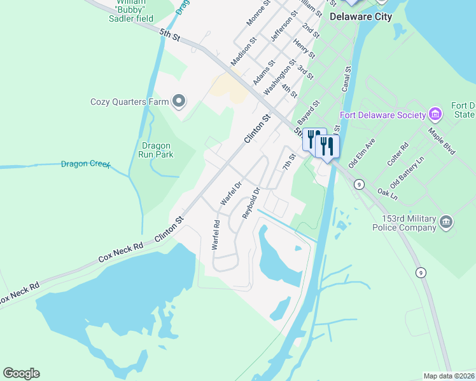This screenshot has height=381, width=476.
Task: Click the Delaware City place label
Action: pyautogui.click(x=360, y=17)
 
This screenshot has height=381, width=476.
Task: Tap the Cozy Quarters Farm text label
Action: pyautogui.click(x=129, y=102)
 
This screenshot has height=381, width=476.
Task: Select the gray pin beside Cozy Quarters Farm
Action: pyautogui.click(x=179, y=101)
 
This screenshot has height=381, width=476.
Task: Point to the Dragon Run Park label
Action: pyautogui.click(x=157, y=149)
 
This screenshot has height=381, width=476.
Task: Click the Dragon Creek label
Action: pyautogui.click(x=86, y=164)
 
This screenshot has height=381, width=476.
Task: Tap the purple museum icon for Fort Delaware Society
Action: pyautogui.click(x=436, y=114)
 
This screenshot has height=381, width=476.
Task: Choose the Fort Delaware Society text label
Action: pyautogui.click(x=383, y=115)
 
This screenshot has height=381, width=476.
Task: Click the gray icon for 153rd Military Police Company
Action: pyautogui.click(x=446, y=222)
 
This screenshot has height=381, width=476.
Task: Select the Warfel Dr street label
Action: pyautogui.click(x=231, y=193)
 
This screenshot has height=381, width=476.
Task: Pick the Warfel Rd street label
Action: pyautogui.click(x=216, y=235)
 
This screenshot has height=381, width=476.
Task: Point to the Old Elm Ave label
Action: pyautogui.click(x=365, y=151)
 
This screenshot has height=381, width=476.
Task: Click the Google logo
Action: pyautogui.click(x=21, y=373)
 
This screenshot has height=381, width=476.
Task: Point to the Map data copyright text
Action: pyautogui.click(x=449, y=375)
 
